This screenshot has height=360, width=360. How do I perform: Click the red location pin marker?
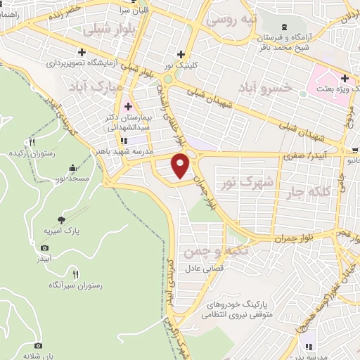pyautogui.click(x=181, y=166)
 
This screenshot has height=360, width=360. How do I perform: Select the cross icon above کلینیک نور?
pyautogui.click(x=181, y=53)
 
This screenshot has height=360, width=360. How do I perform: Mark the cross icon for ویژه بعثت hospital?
pyautogui.click(x=345, y=78)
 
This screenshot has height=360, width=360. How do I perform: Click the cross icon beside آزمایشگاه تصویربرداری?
pyautogui.click(x=83, y=51)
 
